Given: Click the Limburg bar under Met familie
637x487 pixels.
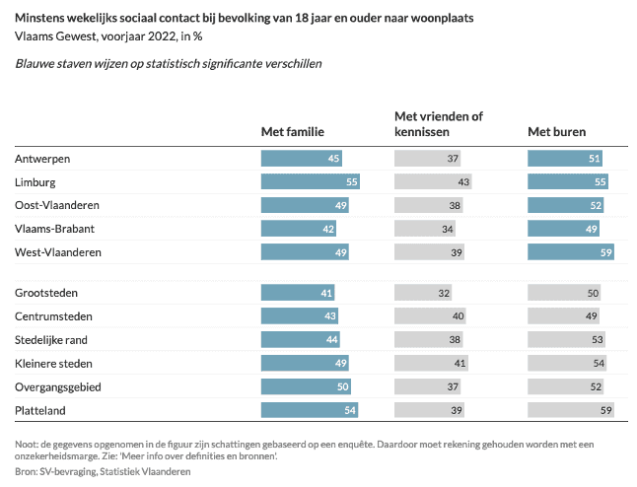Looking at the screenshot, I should (x=310, y=182).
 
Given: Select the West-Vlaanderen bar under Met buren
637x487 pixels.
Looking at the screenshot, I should (x=571, y=252).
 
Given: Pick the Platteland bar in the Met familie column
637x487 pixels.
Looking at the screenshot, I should (x=309, y=410).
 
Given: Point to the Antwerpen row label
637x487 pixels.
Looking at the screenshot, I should (x=43, y=159).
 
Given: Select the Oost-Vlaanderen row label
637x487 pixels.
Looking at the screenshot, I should (x=57, y=205).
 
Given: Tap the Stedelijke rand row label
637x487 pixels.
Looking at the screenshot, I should (x=53, y=340).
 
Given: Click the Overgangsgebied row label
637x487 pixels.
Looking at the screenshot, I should (x=58, y=386).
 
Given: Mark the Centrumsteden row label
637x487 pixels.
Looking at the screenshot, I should (x=53, y=316).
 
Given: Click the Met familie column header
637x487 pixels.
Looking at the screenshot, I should (x=292, y=132).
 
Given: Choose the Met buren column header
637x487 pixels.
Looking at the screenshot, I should (x=557, y=132).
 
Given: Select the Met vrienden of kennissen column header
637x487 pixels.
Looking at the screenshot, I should (x=438, y=123).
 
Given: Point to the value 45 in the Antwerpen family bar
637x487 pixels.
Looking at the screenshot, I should (x=334, y=159).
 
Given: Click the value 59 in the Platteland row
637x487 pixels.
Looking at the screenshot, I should (x=606, y=410).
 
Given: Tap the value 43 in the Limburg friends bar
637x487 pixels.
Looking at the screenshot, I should (x=463, y=182).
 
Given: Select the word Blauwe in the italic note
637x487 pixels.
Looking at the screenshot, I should (x=36, y=63).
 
